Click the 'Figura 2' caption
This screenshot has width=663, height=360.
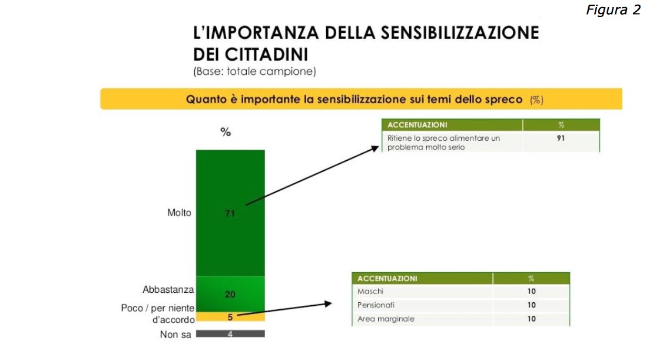613,10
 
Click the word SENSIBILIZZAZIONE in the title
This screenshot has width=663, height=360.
436,32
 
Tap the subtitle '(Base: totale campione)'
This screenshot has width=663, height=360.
254,72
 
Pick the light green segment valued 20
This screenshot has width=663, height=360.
230,294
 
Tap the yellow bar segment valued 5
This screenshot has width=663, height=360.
230,317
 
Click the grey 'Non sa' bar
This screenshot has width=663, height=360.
230,334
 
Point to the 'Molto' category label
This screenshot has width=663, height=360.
179,213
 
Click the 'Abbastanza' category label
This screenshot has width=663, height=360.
168,290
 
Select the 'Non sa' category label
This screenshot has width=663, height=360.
175,335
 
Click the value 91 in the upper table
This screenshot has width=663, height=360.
560,138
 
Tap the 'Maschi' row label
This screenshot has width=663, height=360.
370,292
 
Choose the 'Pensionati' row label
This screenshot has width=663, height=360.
376,305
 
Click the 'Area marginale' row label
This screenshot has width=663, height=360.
386,319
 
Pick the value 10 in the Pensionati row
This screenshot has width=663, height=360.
531,305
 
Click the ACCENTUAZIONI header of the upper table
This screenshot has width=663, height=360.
417,125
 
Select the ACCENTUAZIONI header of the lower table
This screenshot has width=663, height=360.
387,278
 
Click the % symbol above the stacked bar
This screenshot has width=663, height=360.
226,132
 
